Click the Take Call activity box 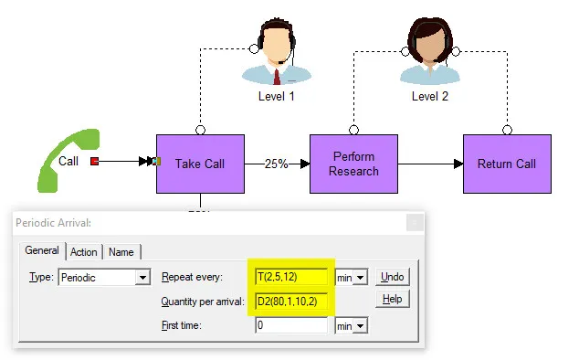[200, 164]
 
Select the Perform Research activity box [353, 164]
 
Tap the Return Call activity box [507, 164]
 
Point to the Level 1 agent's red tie [277, 77]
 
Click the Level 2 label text [430, 97]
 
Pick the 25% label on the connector [276, 164]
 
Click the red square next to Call [95, 161]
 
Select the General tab [42, 250]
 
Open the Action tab [84, 252]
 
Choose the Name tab [121, 252]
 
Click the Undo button [392, 277]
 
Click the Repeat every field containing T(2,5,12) [291, 277]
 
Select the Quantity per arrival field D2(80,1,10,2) [291, 302]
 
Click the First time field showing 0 [291, 325]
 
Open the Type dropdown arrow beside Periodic [142, 277]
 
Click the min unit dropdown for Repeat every [352, 277]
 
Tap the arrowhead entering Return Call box [458, 164]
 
